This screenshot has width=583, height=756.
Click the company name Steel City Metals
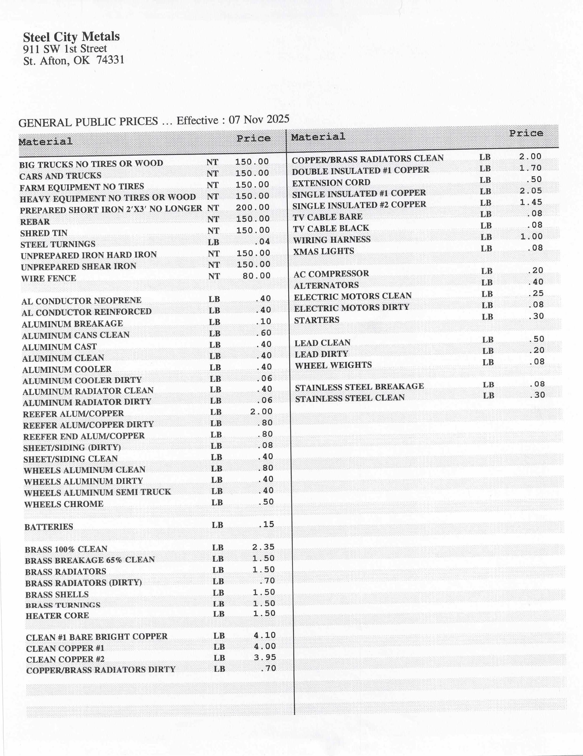click(x=71, y=37)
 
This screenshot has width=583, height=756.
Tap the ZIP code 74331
click(x=110, y=60)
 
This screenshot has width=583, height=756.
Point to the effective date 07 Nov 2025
click(x=259, y=119)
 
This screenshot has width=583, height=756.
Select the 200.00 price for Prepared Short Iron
click(x=252, y=207)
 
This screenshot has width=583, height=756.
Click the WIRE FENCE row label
click(x=48, y=278)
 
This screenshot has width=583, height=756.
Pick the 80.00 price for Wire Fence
click(x=256, y=276)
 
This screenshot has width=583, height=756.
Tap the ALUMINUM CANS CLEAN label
click(x=75, y=335)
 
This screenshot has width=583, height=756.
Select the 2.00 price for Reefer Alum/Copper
click(x=261, y=411)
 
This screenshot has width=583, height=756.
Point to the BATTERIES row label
click(x=49, y=527)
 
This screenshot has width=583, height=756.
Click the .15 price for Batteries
click(x=266, y=524)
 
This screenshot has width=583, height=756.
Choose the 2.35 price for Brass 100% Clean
click(x=263, y=547)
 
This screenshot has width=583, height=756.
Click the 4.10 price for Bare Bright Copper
click(x=265, y=635)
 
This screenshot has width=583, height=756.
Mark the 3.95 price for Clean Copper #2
click(x=265, y=657)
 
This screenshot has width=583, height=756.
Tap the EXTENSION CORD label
click(x=331, y=182)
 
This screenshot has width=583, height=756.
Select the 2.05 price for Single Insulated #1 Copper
click(x=530, y=191)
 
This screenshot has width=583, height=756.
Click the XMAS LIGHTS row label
click(x=324, y=251)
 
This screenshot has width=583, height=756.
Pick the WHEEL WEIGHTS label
click(x=333, y=365)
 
